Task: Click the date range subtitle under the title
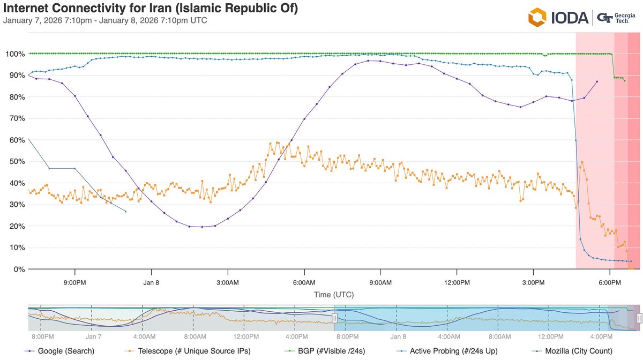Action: click(x=105, y=21)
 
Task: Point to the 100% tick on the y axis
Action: click(x=14, y=54)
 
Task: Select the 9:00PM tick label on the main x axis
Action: click(x=74, y=282)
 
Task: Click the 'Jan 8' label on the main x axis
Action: click(x=151, y=282)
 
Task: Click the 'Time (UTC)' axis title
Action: click(x=334, y=295)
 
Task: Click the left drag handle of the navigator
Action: click(x=334, y=318)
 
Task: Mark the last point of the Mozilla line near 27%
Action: click(x=125, y=212)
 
